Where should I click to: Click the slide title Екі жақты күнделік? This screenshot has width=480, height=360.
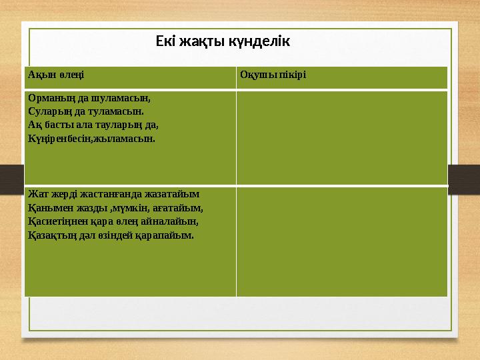[x=223, y=41]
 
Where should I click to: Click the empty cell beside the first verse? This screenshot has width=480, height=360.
[x=341, y=137]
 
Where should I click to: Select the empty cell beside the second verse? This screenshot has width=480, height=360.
[x=341, y=241]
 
